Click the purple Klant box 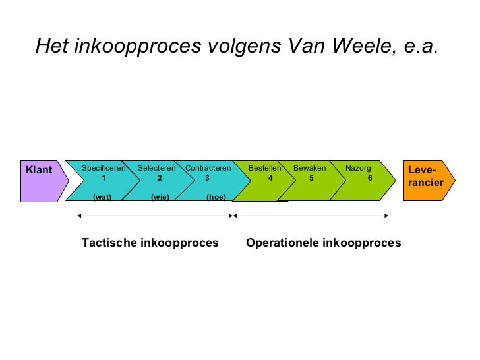[39, 179]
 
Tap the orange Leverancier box [426, 179]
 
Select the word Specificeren [104, 168]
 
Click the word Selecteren [157, 168]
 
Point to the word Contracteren [208, 168]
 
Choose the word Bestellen [265, 168]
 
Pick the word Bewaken [310, 168]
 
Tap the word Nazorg [358, 168]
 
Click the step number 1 [104, 178]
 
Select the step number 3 [207, 178]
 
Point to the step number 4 [270, 178]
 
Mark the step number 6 [370, 178]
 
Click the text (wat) [102, 196]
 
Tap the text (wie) [160, 196]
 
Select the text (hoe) [216, 196]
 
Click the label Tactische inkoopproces [150, 243]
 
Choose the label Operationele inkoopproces [323, 243]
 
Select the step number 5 [311, 178]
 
